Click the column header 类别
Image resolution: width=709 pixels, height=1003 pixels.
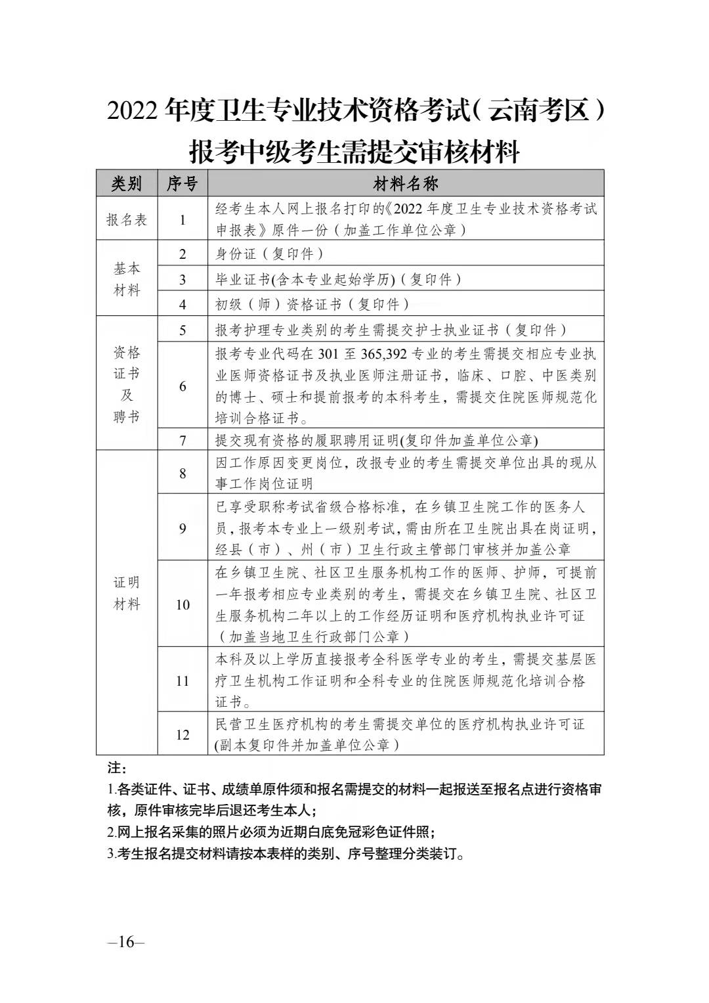point(127,183)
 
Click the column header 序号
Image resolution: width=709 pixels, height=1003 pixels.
point(182,183)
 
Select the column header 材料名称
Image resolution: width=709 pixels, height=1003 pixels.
point(406,183)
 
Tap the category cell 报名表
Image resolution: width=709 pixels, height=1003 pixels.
point(127,219)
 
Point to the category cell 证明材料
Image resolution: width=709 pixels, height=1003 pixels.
point(127,593)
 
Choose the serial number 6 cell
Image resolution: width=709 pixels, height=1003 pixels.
point(183,386)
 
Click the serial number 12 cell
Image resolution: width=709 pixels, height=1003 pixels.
point(183,734)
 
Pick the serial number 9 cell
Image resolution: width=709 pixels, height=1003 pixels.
point(183,528)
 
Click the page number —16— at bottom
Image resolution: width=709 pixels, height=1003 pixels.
point(125,942)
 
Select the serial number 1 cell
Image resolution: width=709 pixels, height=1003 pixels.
point(183,219)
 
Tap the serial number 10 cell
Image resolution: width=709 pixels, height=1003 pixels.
point(183,604)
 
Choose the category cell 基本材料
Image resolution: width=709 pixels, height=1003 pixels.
point(127,279)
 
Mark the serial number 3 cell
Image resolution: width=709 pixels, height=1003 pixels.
point(183,279)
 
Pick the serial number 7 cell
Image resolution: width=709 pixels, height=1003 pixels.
point(183,440)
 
